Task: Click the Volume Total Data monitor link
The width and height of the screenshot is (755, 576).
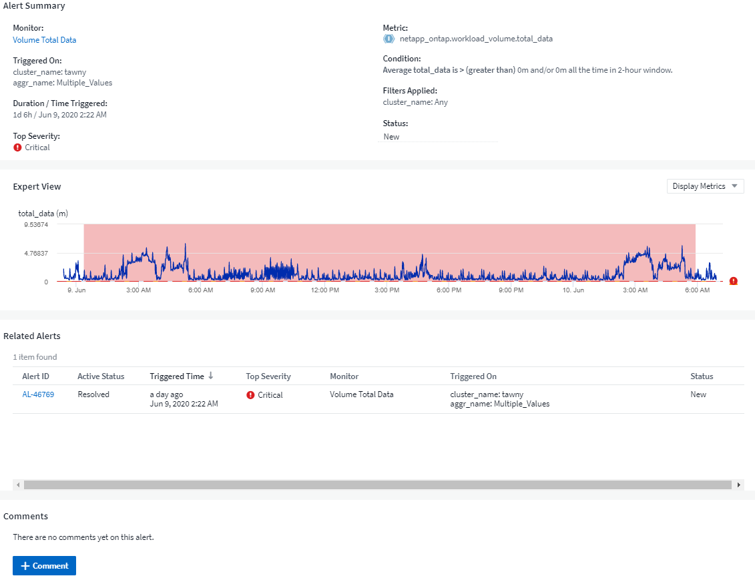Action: coord(45,40)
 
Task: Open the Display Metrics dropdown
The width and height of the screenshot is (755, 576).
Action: coord(705,186)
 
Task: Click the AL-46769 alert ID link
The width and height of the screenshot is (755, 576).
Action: coord(38,394)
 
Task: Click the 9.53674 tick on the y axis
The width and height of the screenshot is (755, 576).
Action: coord(36,225)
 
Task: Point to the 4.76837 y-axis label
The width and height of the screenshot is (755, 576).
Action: coord(36,254)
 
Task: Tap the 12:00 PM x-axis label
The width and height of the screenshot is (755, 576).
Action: coord(324,290)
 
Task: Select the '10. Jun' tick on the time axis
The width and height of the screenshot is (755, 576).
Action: coord(573,290)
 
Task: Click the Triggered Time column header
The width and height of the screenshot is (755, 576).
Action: coord(177,376)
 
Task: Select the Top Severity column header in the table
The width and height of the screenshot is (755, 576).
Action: coord(268,376)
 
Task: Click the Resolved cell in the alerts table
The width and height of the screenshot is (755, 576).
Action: coord(93,394)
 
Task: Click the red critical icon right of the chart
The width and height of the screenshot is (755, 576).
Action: coord(734,281)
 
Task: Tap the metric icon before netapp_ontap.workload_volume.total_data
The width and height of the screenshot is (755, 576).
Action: coord(389,39)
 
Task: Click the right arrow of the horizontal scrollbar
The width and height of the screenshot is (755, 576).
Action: coord(738,485)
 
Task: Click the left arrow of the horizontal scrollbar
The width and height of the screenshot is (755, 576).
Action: coord(18,485)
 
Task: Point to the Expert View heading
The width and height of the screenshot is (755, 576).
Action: coord(37,187)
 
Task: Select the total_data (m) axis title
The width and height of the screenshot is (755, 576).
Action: coord(43,214)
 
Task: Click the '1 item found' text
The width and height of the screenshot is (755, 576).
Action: coord(35,357)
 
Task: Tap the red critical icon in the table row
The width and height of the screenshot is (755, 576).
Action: coord(251,395)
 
